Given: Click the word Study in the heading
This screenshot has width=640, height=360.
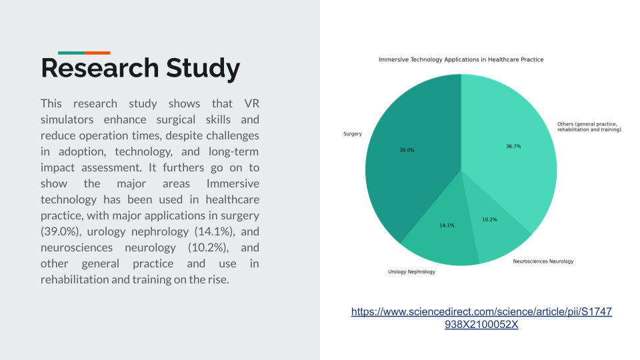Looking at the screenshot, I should pyautogui.click(x=203, y=69).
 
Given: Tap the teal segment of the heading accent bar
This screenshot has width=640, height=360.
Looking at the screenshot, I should pyautogui.click(x=71, y=53).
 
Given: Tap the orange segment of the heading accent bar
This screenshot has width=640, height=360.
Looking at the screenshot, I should pyautogui.click(x=97, y=53).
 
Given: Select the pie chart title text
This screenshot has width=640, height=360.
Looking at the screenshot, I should pyautogui.click(x=461, y=60).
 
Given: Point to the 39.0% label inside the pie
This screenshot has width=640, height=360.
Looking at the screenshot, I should pyautogui.click(x=407, y=150).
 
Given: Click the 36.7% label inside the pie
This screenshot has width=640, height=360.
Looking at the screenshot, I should pyautogui.click(x=513, y=146).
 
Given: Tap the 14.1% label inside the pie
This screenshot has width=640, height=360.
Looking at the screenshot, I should pyautogui.click(x=447, y=225).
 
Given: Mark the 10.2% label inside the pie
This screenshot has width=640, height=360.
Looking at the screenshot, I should pyautogui.click(x=489, y=219).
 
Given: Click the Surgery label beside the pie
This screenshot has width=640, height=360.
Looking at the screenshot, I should pyautogui.click(x=353, y=134).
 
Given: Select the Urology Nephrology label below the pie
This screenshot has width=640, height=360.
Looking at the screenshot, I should pyautogui.click(x=411, y=272).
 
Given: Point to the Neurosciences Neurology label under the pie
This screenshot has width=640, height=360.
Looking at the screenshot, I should pyautogui.click(x=543, y=261).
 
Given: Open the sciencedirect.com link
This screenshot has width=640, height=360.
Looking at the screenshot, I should pyautogui.click(x=481, y=318).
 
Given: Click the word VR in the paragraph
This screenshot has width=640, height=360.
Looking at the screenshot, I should pyautogui.click(x=252, y=103).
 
